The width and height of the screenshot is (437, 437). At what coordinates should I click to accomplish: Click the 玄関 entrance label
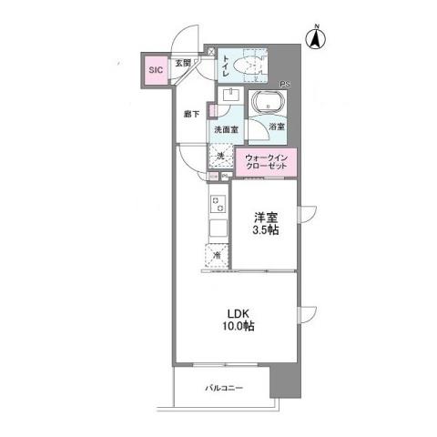[183, 63]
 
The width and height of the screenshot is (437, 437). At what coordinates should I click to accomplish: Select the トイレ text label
[227, 64]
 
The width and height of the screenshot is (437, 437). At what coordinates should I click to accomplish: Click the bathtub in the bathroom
[265, 103]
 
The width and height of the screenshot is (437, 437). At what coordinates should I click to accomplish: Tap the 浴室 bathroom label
[276, 127]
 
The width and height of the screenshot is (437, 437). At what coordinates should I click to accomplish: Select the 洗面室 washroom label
[226, 130]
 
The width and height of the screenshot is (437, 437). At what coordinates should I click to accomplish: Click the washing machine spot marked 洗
[221, 158]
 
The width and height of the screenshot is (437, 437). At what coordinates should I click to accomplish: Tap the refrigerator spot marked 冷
[218, 256]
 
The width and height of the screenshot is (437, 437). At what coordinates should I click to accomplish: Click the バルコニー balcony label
[223, 389]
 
